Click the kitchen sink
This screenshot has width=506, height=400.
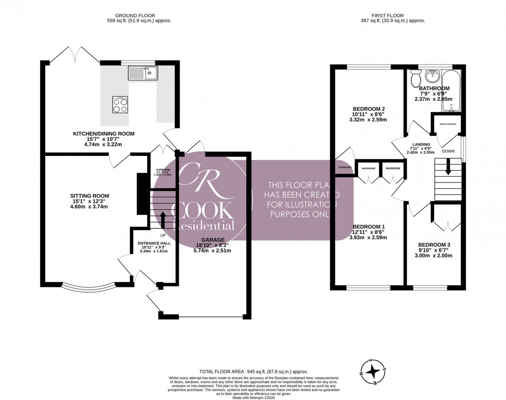[x=143, y=73]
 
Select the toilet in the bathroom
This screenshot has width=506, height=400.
[x=415, y=79]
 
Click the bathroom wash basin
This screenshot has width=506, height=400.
[x=434, y=76]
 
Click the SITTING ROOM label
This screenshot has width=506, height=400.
[x=87, y=196]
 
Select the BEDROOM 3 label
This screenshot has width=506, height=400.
[x=434, y=245]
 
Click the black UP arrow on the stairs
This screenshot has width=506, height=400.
[x=163, y=220]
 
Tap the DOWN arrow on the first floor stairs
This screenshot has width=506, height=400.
[x=448, y=169]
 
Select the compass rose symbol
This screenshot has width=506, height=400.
[x=373, y=371]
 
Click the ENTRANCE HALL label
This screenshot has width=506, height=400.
[x=154, y=243]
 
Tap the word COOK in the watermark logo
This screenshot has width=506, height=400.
[x=202, y=211]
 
